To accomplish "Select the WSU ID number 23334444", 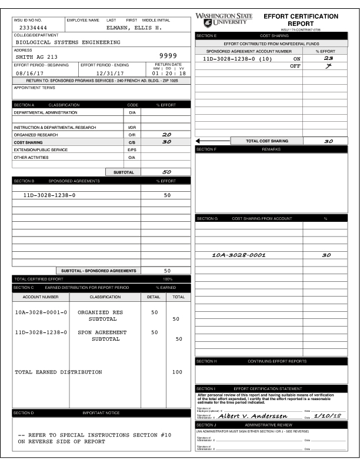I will pos(33,28).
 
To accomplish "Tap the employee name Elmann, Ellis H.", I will pos(133,28).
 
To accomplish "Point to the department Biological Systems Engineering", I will pos(68,42).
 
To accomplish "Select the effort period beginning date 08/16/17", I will pos(30,73).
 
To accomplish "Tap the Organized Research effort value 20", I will pos(166,134).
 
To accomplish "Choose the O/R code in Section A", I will pos(132,135).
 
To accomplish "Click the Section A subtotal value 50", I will pos(166,172).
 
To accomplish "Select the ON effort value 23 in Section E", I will pos(328,58).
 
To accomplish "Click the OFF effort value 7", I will pos(328,66).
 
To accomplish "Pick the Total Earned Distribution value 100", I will pos(177,372).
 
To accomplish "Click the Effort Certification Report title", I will pos(301,19).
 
